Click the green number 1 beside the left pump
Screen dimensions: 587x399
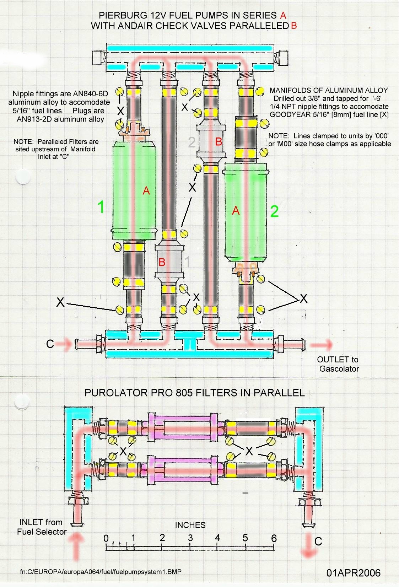[x=101, y=207]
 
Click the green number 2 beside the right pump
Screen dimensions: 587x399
[x=274, y=211]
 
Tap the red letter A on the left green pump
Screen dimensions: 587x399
[x=146, y=191]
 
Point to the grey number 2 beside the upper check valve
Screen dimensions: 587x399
[x=192, y=142]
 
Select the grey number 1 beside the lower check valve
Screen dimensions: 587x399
[x=188, y=262]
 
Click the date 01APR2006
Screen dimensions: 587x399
[x=353, y=573]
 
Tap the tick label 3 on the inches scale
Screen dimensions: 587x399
[x=190, y=537]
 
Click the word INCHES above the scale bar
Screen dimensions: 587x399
[x=190, y=525]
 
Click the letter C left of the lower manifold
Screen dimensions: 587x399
[x=50, y=344]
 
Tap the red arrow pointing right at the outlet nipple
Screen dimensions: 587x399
[x=322, y=345]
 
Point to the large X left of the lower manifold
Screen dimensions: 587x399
[x=60, y=302]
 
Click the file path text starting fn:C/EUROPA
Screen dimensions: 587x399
[x=103, y=572]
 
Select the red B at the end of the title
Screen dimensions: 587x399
[x=293, y=26]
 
